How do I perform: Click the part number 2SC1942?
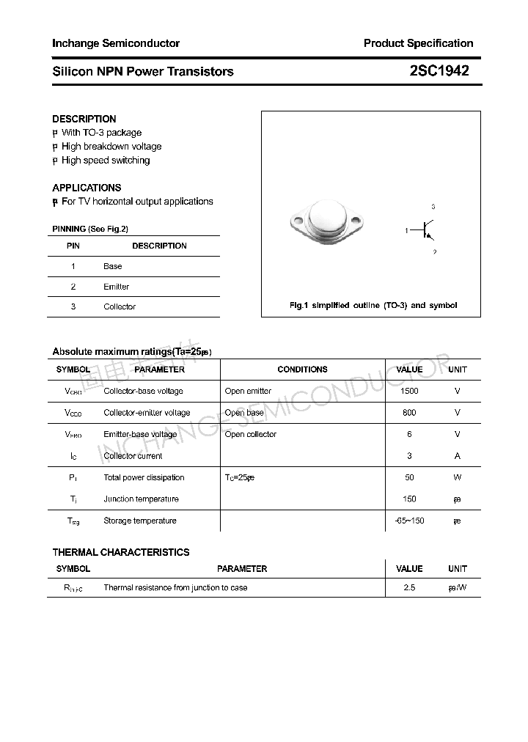click(439, 71)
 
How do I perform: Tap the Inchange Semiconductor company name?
click(116, 43)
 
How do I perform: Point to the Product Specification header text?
click(418, 43)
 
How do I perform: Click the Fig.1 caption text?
click(373, 305)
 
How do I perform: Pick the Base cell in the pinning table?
click(113, 266)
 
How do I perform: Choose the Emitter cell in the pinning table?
click(116, 287)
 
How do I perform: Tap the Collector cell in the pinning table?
click(120, 306)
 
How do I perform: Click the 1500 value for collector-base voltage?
click(409, 391)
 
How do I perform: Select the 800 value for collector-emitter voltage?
click(409, 413)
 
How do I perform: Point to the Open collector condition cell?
click(251, 434)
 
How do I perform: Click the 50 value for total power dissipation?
click(409, 477)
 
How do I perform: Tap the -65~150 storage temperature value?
click(409, 521)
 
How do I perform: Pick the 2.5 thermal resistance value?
click(409, 587)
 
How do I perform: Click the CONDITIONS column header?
click(302, 370)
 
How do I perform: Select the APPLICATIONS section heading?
click(87, 188)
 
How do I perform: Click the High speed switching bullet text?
click(106, 160)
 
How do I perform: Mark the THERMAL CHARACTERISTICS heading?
click(120, 552)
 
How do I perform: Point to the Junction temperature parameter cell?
click(141, 499)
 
